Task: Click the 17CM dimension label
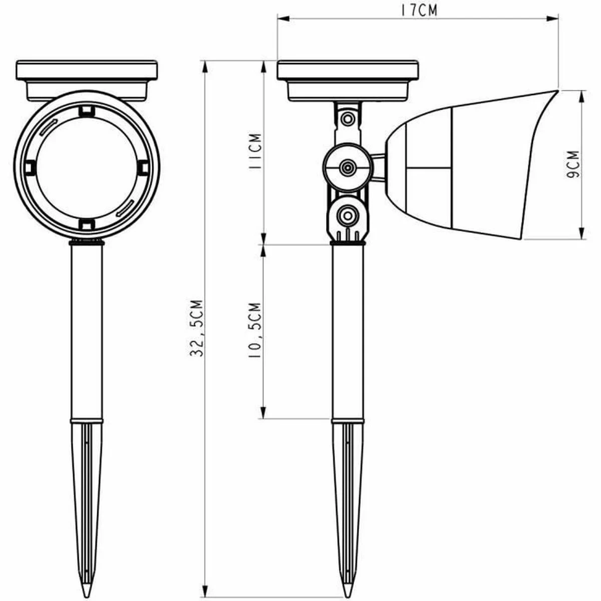419,11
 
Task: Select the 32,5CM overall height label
197,328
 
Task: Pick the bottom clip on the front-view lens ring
87,223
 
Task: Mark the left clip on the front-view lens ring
30,167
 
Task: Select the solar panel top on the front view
87,70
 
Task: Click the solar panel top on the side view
348,70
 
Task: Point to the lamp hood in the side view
476,165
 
